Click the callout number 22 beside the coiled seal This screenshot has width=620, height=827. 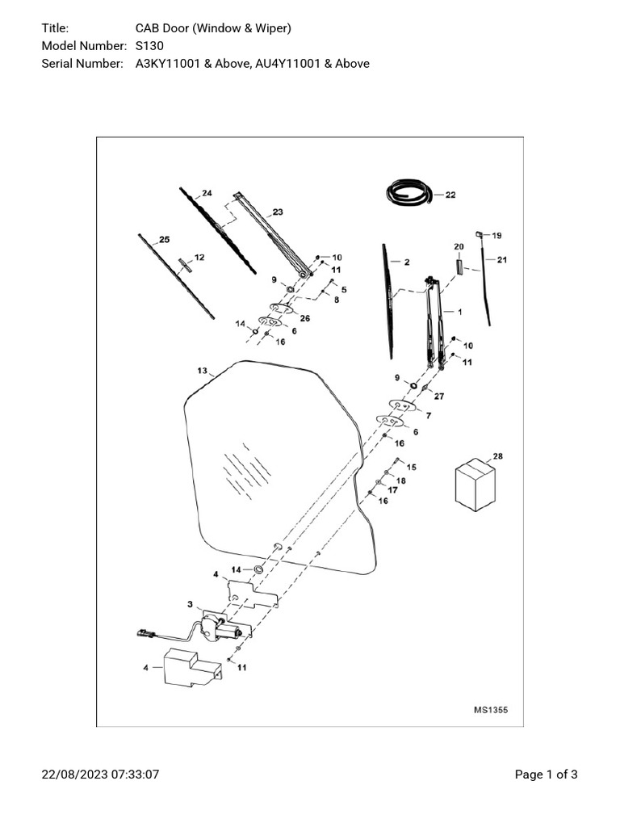click(450, 195)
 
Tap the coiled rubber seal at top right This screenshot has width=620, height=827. click(408, 194)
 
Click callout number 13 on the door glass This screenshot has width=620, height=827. click(202, 371)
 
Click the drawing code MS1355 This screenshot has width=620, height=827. click(491, 710)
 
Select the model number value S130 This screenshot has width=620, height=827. click(149, 46)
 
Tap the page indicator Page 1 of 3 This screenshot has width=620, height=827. click(547, 775)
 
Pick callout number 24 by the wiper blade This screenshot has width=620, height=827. click(207, 193)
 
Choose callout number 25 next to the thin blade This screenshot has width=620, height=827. click(165, 239)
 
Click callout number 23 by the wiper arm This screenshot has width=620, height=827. click(278, 212)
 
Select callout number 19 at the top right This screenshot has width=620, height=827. click(496, 235)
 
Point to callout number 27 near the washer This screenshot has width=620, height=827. click(439, 396)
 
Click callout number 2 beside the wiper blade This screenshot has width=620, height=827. click(406, 262)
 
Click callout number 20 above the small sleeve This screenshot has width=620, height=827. click(459, 246)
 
